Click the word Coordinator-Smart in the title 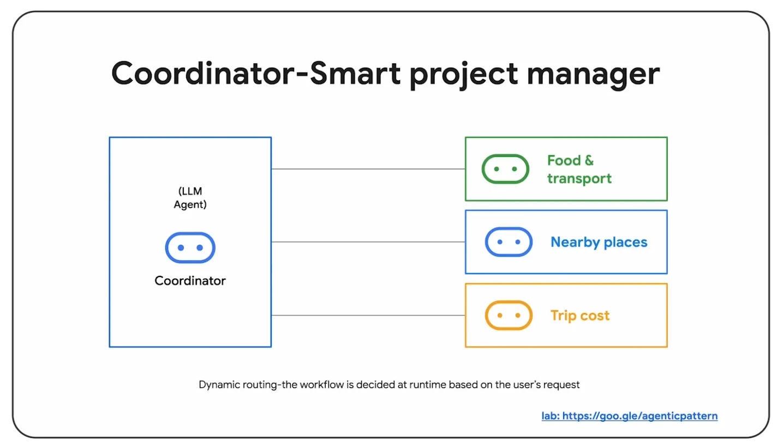(256, 73)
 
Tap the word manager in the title (593, 76)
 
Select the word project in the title (464, 76)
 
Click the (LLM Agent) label (190, 198)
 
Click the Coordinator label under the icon (190, 281)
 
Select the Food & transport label (579, 169)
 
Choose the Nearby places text (599, 243)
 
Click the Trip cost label (580, 316)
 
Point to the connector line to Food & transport (368, 169)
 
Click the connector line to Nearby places (368, 241)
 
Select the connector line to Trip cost (368, 315)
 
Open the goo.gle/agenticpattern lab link (630, 416)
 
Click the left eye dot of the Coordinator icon (181, 247)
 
